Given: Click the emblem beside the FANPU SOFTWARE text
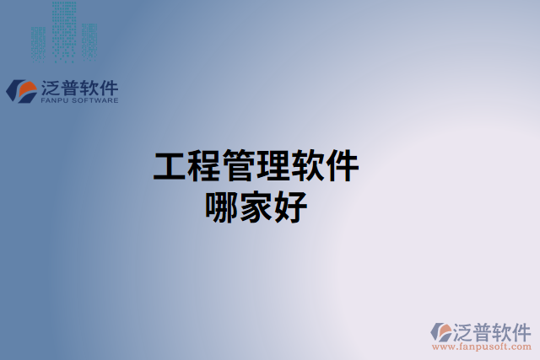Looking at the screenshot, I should [20, 90].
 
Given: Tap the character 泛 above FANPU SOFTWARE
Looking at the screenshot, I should [49, 87].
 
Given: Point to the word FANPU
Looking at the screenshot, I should [54, 100].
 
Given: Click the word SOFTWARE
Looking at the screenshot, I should [94, 100].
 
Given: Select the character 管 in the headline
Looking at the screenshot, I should [239, 166].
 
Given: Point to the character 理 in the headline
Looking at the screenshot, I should [273, 166].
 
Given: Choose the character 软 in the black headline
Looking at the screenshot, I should [308, 166].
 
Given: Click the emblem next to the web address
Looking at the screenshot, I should [441, 331].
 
